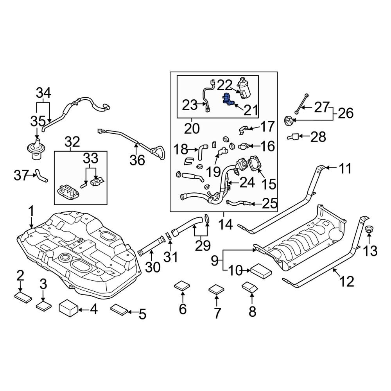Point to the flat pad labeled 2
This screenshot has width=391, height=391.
24,298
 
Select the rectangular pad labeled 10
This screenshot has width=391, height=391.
261,269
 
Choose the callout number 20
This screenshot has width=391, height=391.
192,128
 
